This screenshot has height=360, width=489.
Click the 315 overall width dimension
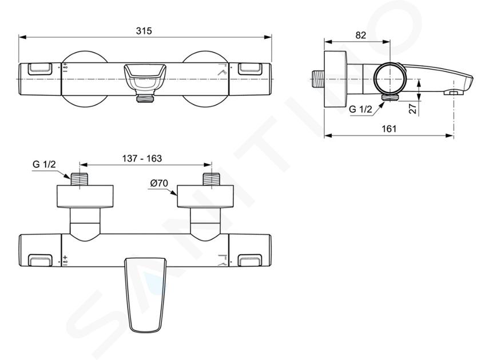point(144,31)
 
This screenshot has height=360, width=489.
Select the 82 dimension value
point(360,35)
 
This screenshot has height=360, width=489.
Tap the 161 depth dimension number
point(389,129)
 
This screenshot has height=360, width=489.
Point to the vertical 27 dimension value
point(412,109)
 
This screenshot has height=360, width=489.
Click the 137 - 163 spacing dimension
point(142,158)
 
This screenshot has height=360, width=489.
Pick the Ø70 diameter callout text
point(159,183)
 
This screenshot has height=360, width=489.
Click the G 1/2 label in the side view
point(360,109)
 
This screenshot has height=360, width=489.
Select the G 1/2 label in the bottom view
point(44,164)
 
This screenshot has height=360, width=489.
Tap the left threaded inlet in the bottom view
point(80,179)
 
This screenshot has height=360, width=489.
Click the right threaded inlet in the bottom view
point(212,179)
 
